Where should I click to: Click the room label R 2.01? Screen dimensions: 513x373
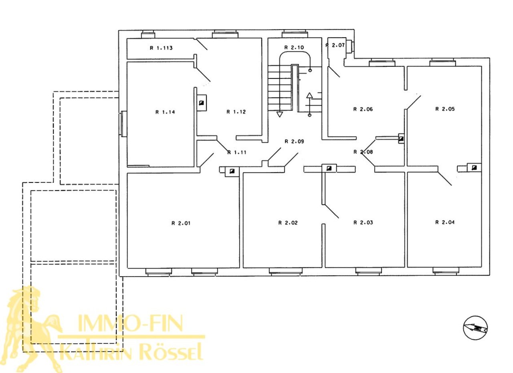coord(181,223)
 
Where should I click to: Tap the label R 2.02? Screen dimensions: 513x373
coord(288,223)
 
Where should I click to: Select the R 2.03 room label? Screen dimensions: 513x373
coord(363,223)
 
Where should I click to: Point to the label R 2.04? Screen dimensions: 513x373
coord(445,222)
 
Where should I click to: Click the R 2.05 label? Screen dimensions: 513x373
coord(445,109)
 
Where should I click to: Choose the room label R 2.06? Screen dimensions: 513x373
coord(363,109)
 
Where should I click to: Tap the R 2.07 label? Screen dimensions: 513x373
coord(335,45)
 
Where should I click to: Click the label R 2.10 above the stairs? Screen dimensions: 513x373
coord(294,48)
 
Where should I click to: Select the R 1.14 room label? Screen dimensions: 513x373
coord(165,112)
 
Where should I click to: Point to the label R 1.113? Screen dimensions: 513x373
coord(161,48)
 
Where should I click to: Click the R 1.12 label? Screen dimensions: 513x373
coord(236,112)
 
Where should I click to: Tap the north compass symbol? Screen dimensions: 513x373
coord(475,328)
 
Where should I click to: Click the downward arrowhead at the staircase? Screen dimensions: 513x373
coord(279,114)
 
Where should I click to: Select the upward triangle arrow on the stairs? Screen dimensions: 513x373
coord(309,95)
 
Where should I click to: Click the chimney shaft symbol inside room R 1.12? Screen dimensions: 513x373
coord(202,103)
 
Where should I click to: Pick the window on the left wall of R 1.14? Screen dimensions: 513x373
coord(124,124)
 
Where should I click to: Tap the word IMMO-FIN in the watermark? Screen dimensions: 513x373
coord(131,323)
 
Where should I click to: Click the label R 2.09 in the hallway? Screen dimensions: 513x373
coord(294,142)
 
